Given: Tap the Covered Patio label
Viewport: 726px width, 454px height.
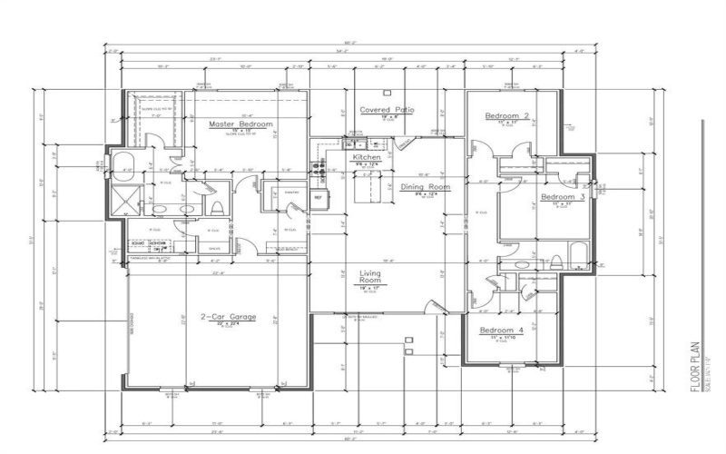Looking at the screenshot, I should click(x=387, y=110).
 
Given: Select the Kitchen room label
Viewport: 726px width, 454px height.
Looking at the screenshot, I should click(x=367, y=158).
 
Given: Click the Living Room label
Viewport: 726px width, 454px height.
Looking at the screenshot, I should click(x=369, y=276).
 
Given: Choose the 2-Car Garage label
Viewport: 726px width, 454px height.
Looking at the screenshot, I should click(x=229, y=317).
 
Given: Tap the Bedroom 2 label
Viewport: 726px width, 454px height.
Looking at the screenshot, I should click(x=506, y=116).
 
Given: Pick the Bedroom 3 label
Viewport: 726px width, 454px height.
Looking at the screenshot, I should click(x=563, y=197).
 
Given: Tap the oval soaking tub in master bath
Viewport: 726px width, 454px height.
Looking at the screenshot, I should click(x=123, y=165).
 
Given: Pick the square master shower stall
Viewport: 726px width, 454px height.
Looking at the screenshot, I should click(x=122, y=197).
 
